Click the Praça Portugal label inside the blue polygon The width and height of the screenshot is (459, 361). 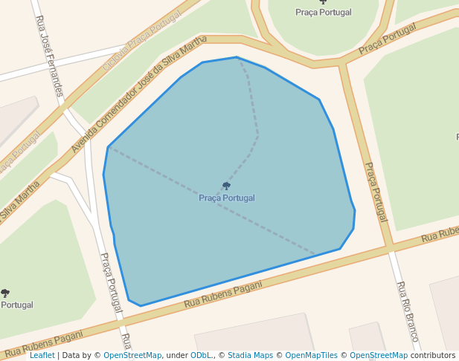click(226, 198)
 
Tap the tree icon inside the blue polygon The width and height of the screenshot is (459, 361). click(226, 186)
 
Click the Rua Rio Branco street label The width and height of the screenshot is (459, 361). click(408, 311)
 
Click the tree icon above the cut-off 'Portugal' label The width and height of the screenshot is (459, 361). click(5, 293)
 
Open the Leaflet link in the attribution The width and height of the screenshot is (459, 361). click(42, 356)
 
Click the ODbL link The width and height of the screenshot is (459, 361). click(200, 356)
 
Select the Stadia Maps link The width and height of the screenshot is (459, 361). click(250, 356)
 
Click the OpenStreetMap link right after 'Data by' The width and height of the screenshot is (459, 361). click(132, 356)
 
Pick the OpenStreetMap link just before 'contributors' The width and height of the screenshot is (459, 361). click(379, 356)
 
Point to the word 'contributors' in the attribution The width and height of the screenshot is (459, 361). click(432, 356)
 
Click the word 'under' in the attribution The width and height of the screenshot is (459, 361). click(177, 356)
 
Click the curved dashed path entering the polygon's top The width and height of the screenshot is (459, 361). click(253, 111)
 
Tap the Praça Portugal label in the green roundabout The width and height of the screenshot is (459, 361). click(324, 12)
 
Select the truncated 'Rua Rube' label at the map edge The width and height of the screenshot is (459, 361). click(439, 234)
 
